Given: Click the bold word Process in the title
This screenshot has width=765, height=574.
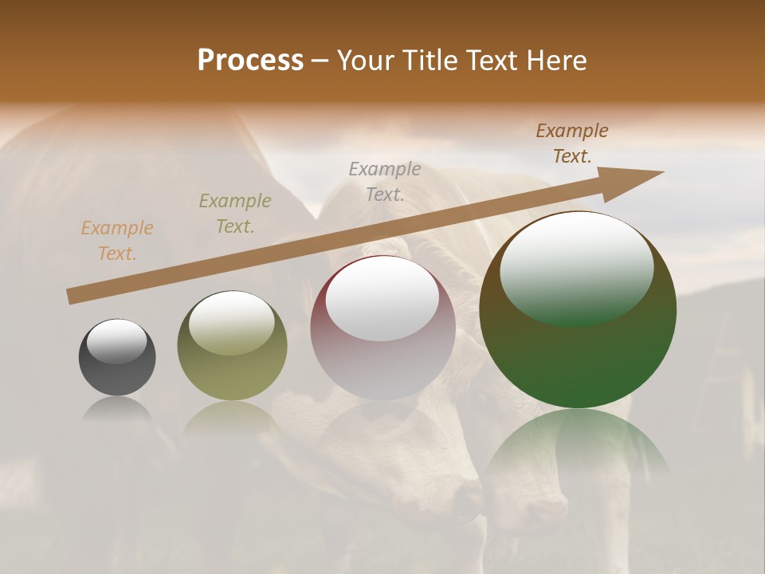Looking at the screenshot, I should pos(250,60).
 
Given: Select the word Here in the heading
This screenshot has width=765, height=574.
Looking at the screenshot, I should pos(558,60).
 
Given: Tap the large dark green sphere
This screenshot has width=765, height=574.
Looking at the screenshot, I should pos(578,359).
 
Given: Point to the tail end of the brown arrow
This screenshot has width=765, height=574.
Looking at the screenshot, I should pos(72,297).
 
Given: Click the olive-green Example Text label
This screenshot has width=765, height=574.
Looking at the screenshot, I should pos(235,214).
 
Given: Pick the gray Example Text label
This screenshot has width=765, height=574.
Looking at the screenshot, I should pos(385,181).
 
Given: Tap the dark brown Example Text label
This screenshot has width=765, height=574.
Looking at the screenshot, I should pos(572,143).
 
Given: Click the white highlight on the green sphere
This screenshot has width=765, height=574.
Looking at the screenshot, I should pos(576,267).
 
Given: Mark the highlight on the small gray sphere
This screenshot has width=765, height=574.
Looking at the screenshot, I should pos(117,341).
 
